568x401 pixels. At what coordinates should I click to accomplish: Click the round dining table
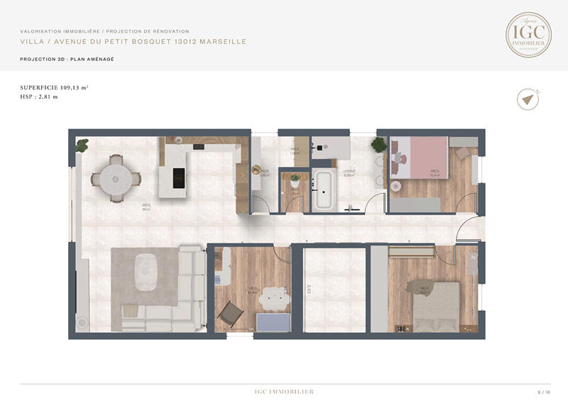114,179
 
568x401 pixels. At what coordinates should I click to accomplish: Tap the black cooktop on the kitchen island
177,179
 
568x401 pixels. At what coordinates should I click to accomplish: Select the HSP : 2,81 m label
39,97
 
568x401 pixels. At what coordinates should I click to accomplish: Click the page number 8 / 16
544,391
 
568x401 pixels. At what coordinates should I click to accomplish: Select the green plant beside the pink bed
378,145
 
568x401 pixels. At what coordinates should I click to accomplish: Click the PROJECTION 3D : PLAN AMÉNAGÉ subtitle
67,59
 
